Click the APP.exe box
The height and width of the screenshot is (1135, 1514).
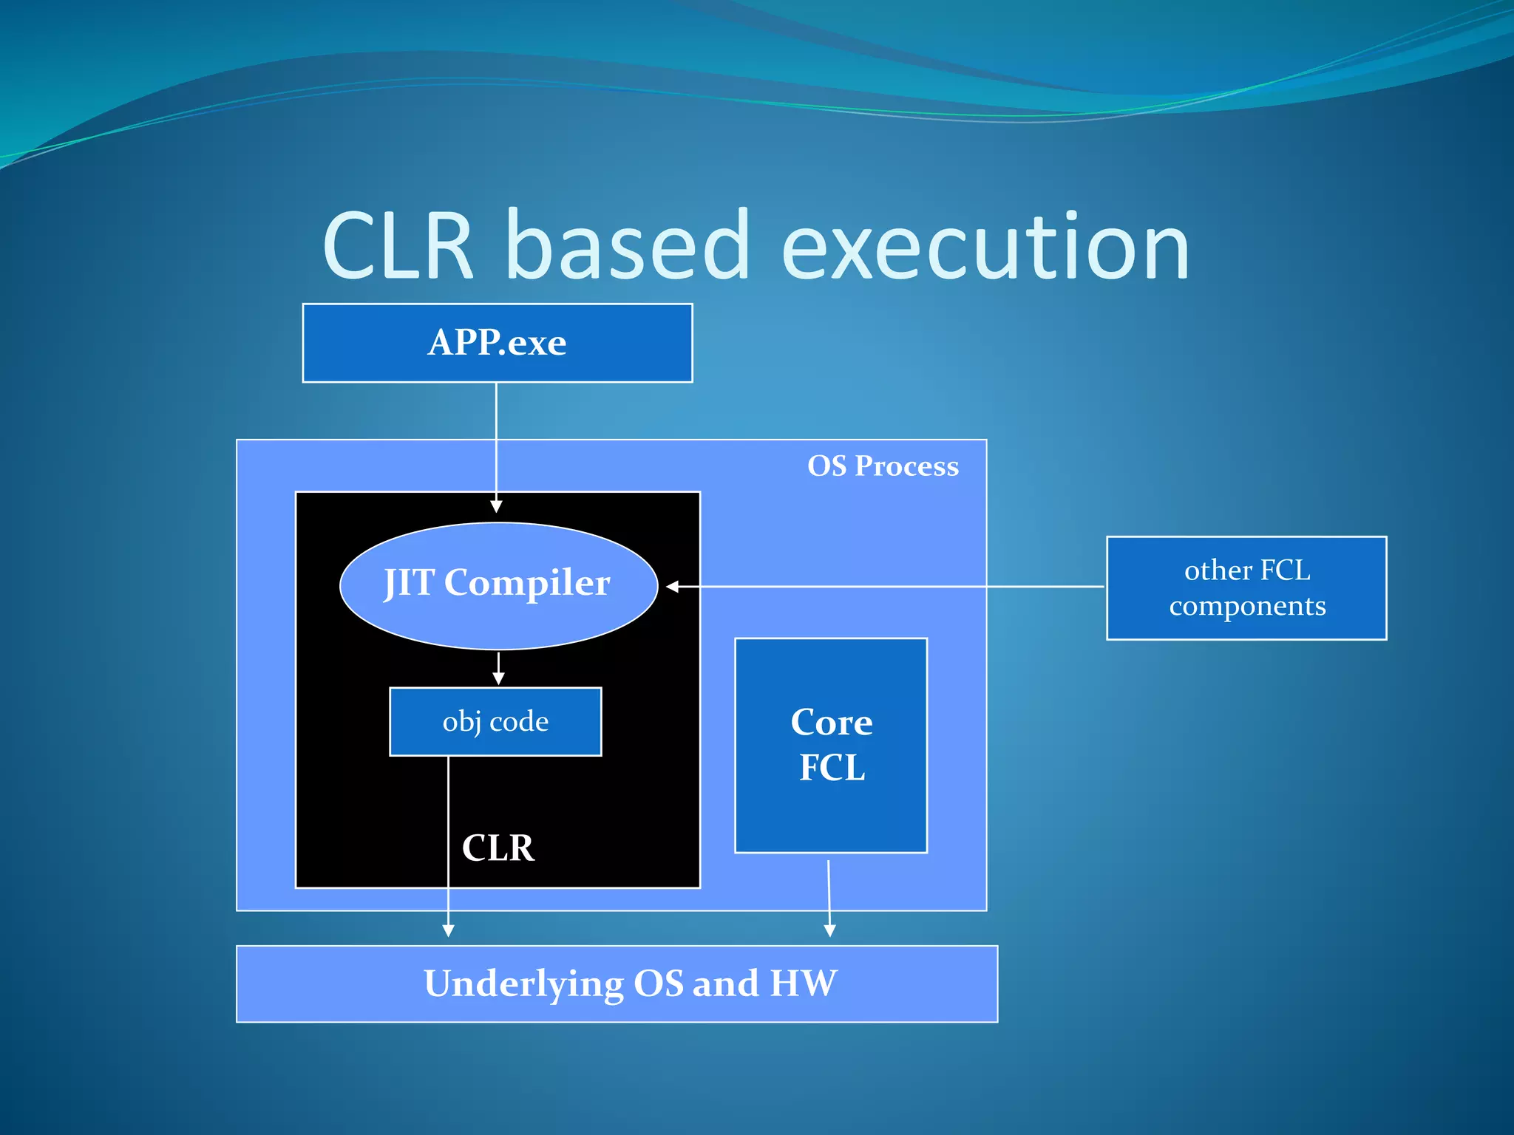[497, 343]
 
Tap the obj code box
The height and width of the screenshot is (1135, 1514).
[495, 721]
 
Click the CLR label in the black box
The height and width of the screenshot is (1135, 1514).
[498, 848]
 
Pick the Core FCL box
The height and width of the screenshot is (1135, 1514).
[831, 745]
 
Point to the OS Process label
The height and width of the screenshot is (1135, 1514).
[883, 466]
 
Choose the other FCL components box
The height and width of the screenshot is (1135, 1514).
[1246, 587]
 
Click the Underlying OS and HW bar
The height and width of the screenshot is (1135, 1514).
[617, 984]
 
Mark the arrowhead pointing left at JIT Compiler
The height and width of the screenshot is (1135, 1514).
[672, 587]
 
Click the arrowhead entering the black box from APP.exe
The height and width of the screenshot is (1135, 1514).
[496, 507]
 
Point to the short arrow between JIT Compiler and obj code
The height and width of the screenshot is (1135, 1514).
[498, 669]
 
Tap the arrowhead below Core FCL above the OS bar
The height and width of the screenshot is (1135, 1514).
[829, 931]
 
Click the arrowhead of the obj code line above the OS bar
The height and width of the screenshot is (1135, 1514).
[448, 931]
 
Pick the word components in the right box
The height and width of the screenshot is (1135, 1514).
[1247, 606]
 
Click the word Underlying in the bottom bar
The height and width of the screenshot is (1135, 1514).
[523, 984]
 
